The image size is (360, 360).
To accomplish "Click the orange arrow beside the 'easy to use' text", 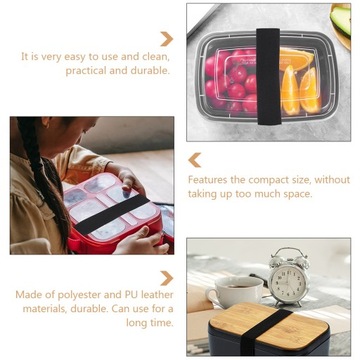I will pos(166,39).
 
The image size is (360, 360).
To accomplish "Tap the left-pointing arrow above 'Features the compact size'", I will pos(195,160).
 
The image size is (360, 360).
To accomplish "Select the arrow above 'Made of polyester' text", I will pos(166,278).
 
